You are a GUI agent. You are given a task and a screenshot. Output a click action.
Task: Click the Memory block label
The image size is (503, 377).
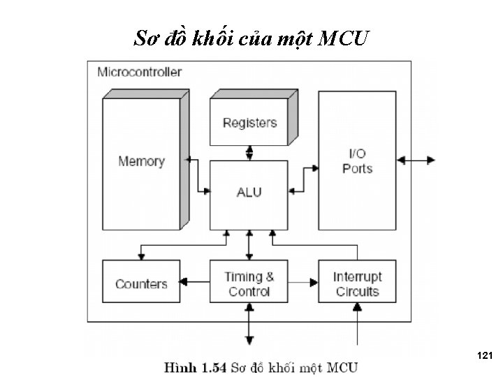[x=141, y=161]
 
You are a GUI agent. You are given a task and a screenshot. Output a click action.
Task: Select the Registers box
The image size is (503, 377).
[x=249, y=121]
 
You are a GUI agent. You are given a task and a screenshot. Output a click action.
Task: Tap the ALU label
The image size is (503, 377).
[x=249, y=193]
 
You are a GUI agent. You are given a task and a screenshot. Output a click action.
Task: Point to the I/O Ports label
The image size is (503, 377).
[x=358, y=161]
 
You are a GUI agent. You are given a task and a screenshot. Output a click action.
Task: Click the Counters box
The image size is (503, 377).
[x=141, y=281]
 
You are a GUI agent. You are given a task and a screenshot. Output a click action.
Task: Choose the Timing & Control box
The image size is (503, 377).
[x=249, y=281]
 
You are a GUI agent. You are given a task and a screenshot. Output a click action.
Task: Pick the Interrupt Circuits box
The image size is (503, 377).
[x=358, y=281]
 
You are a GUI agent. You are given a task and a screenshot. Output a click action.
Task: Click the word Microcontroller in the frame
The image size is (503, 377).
[x=140, y=72]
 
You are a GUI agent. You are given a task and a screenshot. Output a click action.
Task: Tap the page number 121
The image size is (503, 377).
[x=485, y=355]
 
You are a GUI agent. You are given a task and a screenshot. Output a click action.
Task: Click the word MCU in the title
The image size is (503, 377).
[x=343, y=38]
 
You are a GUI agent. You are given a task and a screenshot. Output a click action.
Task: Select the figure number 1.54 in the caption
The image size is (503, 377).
[x=214, y=367]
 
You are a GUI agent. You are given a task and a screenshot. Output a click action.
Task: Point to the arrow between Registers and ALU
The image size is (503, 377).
[x=249, y=153]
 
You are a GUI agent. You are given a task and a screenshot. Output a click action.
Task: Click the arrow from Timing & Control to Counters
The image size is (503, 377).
[x=195, y=282]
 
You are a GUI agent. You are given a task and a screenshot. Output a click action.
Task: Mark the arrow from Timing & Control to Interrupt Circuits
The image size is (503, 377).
[x=303, y=283]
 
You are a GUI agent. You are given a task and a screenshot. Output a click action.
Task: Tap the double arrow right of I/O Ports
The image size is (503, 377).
[x=416, y=160]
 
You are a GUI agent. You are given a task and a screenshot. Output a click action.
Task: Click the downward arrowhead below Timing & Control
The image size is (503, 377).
[x=249, y=340]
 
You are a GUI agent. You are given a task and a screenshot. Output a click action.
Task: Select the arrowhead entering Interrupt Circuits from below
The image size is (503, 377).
[x=357, y=306]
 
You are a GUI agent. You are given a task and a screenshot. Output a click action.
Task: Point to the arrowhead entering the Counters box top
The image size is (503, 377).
[x=141, y=256]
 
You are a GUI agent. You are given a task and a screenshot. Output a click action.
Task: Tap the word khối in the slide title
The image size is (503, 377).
[x=212, y=38]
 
